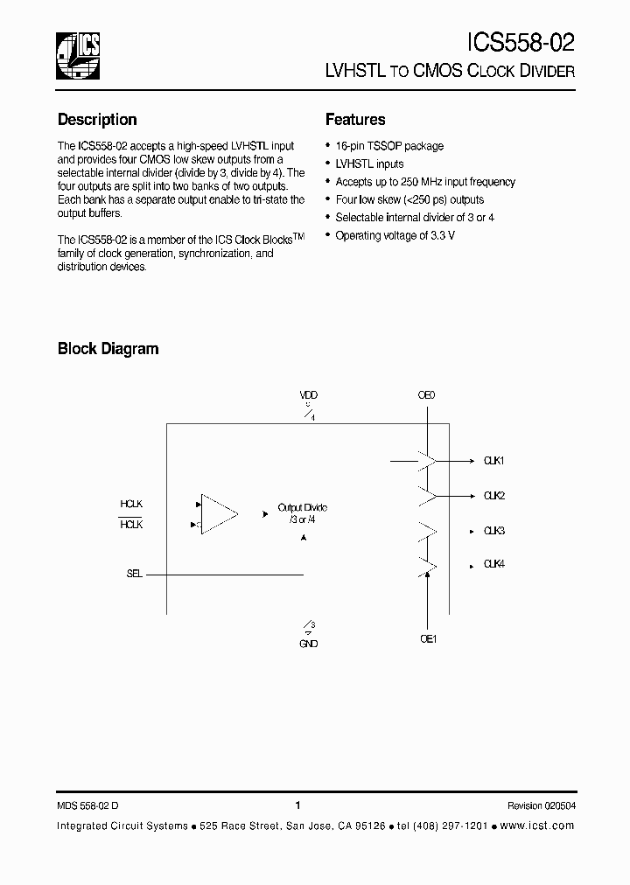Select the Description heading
coord(97,120)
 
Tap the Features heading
coord(355,120)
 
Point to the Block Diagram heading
coord(108,349)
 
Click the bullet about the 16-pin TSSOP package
coord(389,146)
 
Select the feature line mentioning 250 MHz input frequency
coord(425,182)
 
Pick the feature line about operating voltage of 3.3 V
coord(395,235)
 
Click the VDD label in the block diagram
coord(308,395)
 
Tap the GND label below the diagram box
coord(308,644)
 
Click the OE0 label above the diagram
coord(426,395)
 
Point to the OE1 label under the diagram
coord(428,639)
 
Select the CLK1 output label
coord(494,460)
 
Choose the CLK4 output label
coord(494,564)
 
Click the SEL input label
coord(134,575)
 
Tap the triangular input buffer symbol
coord(218,513)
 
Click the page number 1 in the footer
coord(298,805)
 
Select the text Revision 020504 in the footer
coord(541,805)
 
